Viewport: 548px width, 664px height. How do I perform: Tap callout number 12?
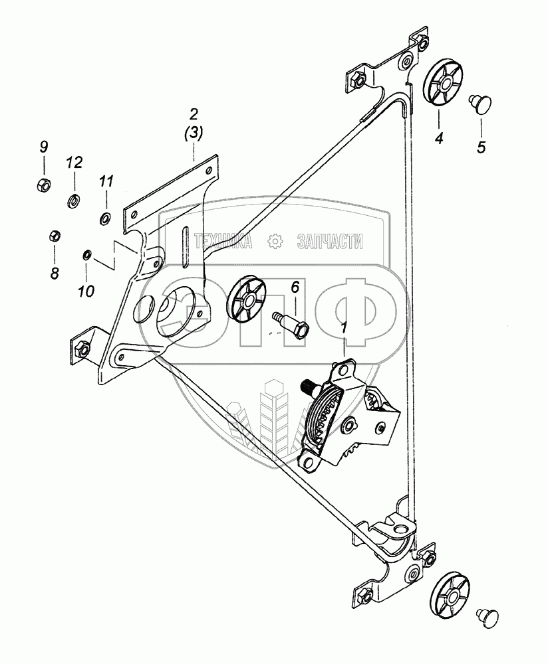click(74, 163)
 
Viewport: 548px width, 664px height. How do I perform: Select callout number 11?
click(107, 181)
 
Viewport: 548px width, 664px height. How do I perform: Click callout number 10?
click(86, 290)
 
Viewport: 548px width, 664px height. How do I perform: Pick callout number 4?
click(439, 139)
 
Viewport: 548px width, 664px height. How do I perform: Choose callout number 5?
click(481, 147)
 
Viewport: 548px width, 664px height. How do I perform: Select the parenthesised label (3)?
click(193, 133)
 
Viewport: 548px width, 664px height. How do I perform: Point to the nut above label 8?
click(56, 236)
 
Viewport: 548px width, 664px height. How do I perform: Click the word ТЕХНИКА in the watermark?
click(223, 242)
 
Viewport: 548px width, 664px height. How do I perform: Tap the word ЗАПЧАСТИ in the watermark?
click(331, 242)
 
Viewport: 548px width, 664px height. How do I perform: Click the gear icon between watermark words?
click(273, 242)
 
